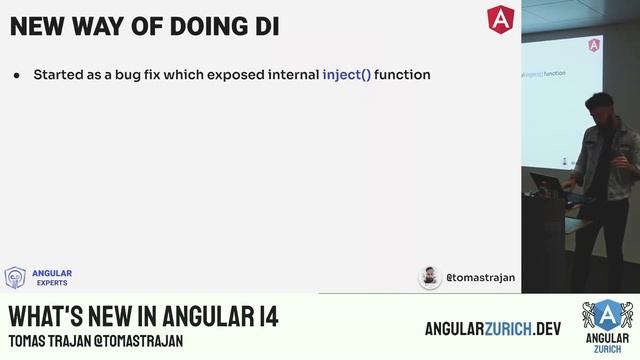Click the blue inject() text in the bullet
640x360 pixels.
pyautogui.click(x=346, y=74)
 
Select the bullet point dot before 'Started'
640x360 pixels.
pyautogui.click(x=17, y=75)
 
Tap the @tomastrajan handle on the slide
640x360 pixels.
pyautogui.click(x=480, y=277)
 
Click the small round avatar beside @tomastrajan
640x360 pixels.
pyautogui.click(x=430, y=277)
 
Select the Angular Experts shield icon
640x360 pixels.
pyautogui.click(x=15, y=277)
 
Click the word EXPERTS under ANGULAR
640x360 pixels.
pyautogui.click(x=52, y=283)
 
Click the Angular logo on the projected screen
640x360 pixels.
pyautogui.click(x=594, y=45)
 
